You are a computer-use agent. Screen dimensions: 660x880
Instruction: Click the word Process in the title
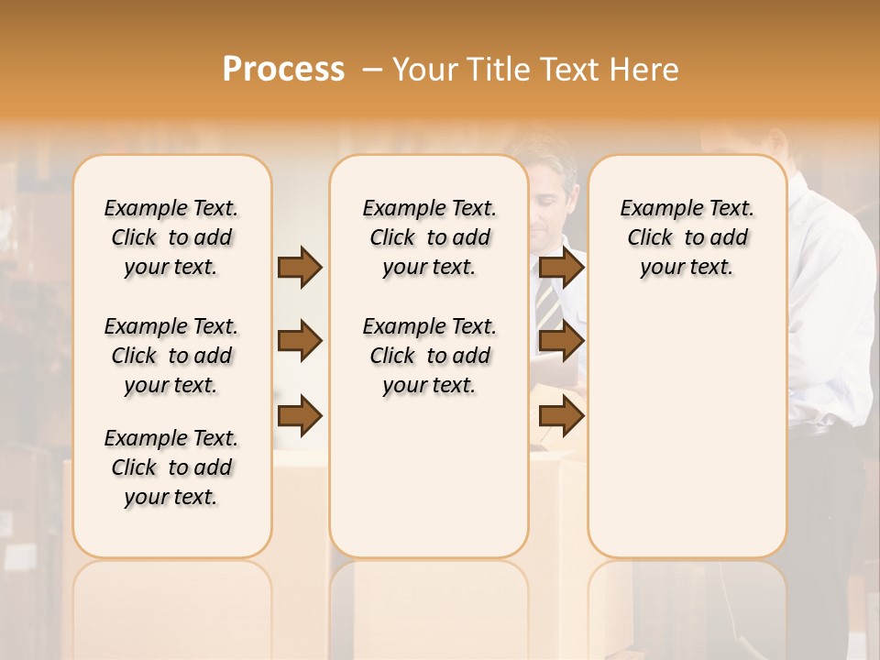[283, 70]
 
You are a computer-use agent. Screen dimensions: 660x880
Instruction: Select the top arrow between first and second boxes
[300, 267]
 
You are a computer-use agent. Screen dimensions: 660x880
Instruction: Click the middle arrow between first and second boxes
[300, 342]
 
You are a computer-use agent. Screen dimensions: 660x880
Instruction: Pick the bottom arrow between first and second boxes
[300, 416]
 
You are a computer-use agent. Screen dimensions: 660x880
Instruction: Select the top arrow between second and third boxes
[561, 267]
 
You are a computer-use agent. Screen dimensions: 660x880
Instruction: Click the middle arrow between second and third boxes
[561, 342]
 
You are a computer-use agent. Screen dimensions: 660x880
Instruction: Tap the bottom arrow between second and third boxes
[561, 416]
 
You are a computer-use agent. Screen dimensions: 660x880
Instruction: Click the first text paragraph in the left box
[171, 237]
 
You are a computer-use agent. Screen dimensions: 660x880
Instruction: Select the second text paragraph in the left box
[171, 356]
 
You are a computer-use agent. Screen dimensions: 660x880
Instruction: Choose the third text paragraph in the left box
[171, 467]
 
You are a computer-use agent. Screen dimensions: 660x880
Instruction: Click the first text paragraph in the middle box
[429, 237]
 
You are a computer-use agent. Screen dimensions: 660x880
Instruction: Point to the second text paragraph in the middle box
[429, 356]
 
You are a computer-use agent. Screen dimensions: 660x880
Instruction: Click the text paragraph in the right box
[687, 237]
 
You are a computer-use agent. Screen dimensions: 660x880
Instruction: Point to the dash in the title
[372, 70]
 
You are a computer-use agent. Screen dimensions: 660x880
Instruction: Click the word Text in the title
[567, 70]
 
